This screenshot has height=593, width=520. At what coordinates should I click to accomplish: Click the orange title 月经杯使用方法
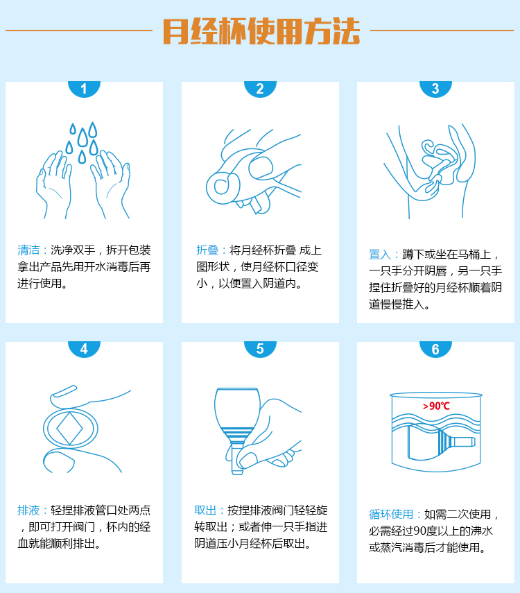(x=261, y=31)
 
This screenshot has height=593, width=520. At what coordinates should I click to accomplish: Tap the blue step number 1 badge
(x=84, y=88)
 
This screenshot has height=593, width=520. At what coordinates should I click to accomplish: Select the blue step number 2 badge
(x=260, y=88)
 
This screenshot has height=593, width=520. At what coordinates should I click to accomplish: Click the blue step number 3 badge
(x=435, y=88)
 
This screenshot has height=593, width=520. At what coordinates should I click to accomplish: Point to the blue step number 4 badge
(x=84, y=349)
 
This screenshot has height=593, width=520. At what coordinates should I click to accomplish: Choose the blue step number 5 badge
(x=260, y=349)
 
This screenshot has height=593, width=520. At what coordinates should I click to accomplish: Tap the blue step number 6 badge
(x=435, y=349)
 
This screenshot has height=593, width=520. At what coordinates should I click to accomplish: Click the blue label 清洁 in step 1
(x=30, y=250)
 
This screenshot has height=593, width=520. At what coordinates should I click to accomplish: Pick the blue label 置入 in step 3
(x=381, y=255)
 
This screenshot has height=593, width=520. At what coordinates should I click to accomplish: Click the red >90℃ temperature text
(x=435, y=406)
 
